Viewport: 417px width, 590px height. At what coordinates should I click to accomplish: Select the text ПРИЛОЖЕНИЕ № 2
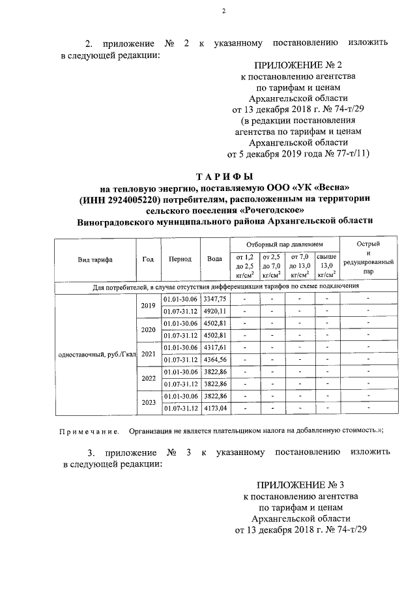tap(288, 65)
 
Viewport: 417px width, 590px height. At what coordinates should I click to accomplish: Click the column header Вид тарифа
tap(95, 259)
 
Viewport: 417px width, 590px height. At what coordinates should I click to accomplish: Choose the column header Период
tap(180, 259)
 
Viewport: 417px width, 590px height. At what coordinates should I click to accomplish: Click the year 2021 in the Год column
tap(148, 353)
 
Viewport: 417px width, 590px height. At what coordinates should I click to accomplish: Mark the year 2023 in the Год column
tap(148, 402)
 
